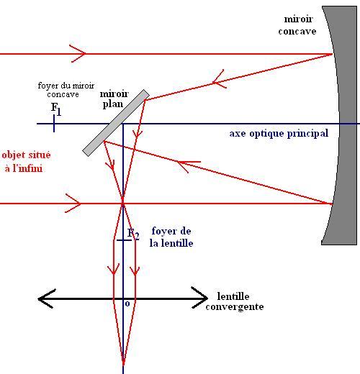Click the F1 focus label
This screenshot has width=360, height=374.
56,109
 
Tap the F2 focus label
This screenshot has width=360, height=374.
133,234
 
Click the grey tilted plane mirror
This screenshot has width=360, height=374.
116,123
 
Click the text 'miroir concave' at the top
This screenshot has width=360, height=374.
297,25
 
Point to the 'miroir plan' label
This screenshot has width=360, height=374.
114,99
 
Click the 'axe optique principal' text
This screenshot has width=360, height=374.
279,134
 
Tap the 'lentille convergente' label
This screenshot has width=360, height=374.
235,301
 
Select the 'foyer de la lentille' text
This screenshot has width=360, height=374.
171,237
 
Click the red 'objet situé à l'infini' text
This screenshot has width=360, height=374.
26,162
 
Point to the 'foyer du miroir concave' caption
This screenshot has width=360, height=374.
66,90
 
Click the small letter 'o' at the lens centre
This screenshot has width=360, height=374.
127,304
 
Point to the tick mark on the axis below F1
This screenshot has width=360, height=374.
54,124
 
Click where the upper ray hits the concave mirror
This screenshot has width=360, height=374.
332,54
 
